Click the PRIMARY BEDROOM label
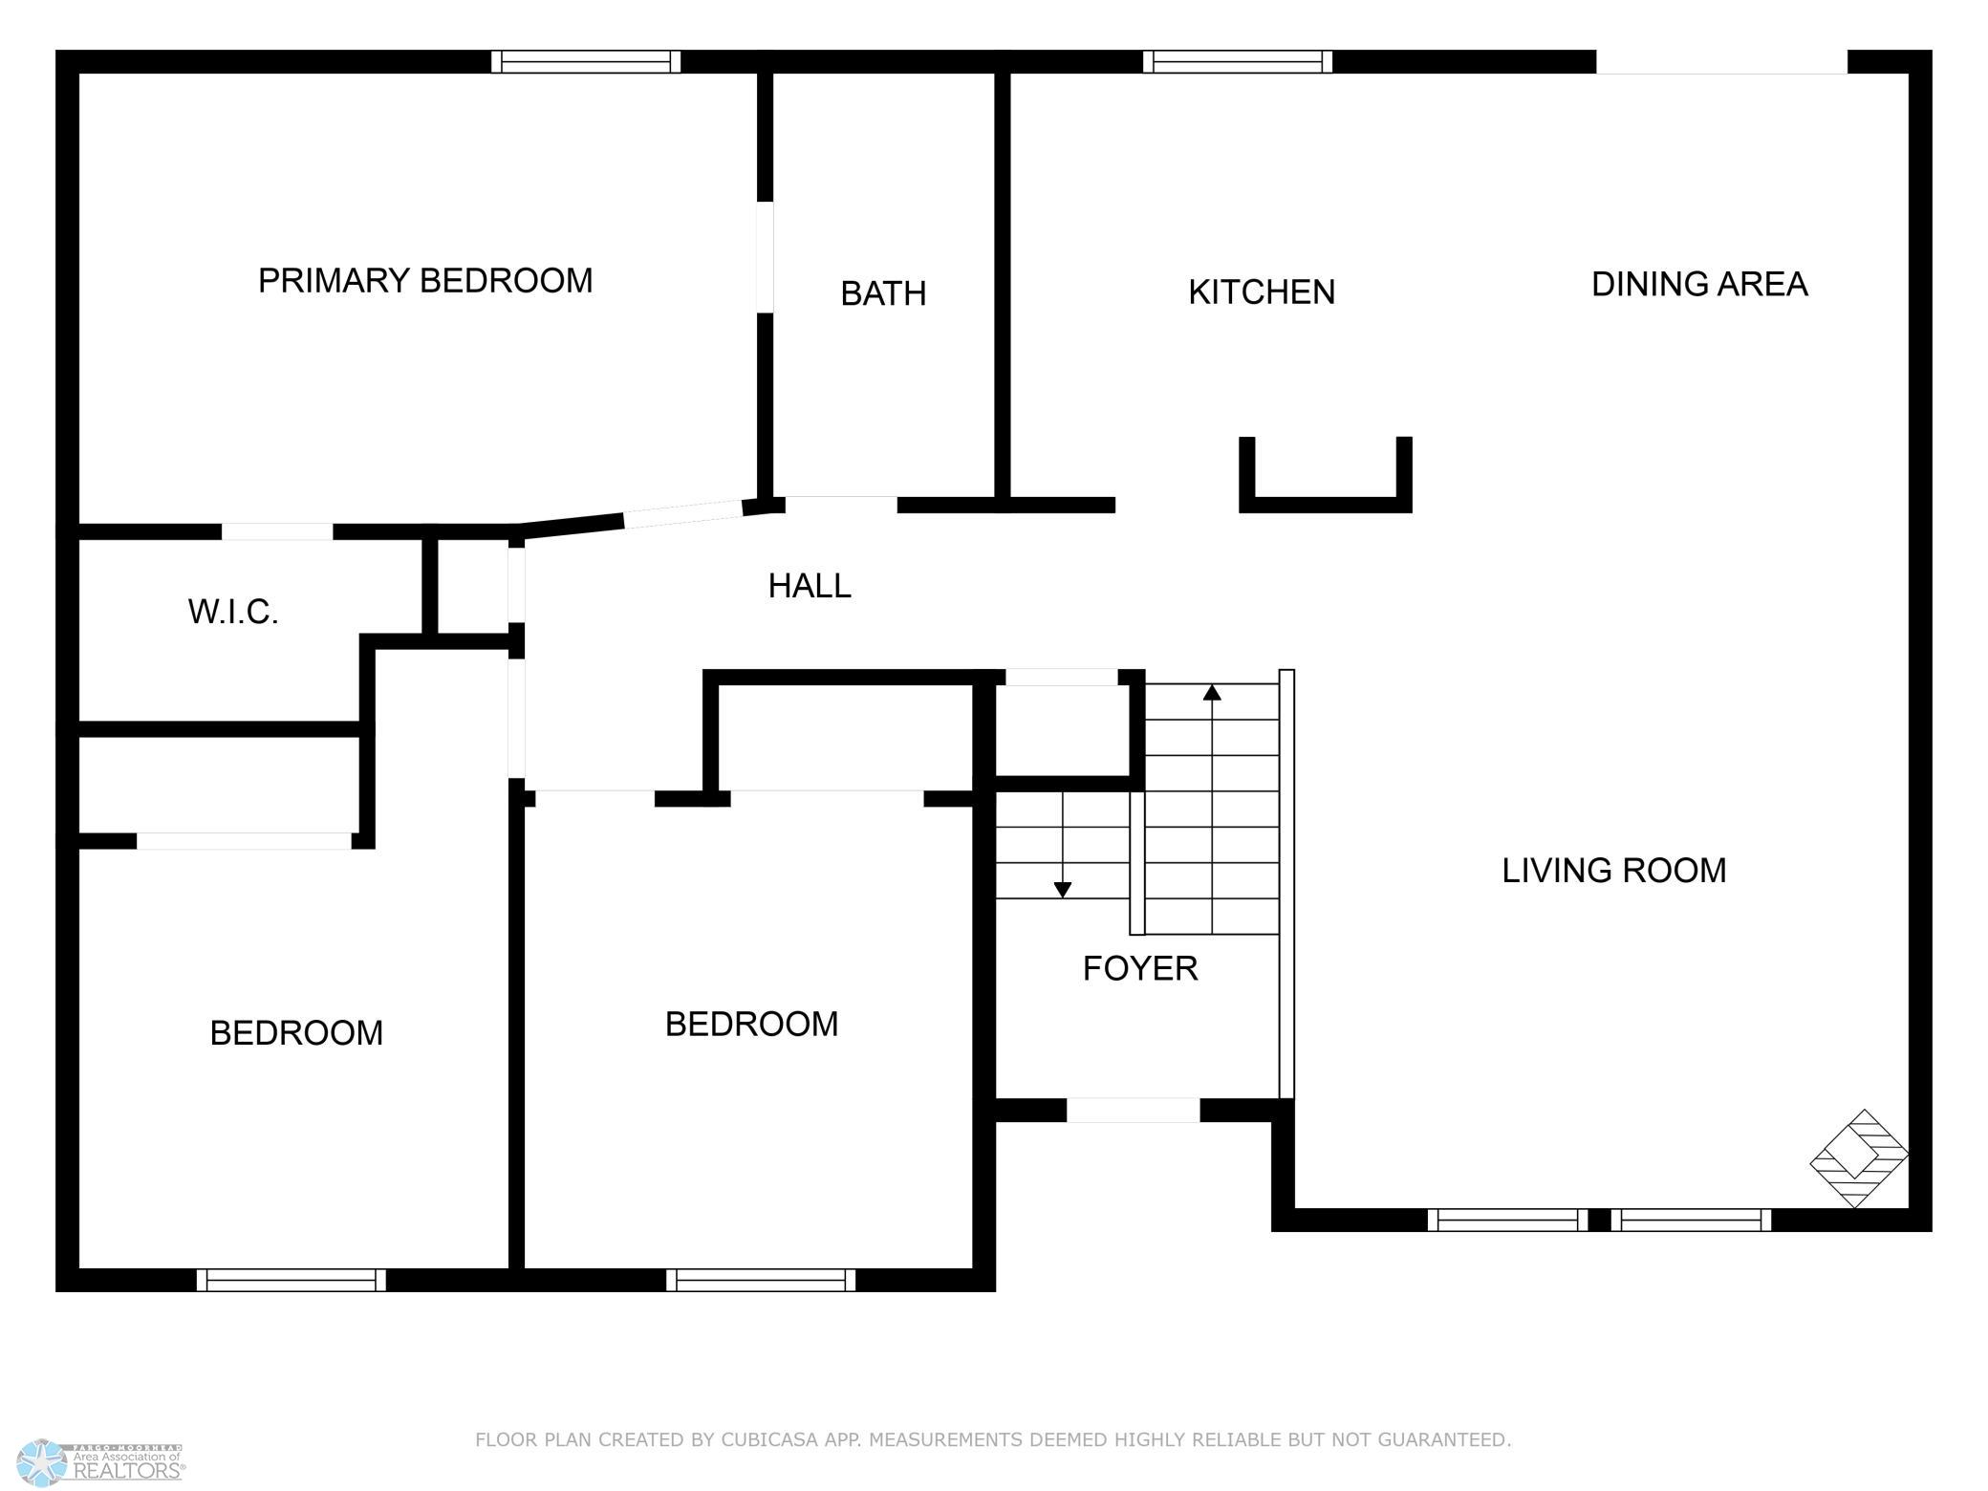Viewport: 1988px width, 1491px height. [425, 281]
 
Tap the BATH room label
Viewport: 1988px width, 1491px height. [883, 293]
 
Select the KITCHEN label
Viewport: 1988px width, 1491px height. [1262, 292]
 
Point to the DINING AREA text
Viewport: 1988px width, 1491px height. [1699, 284]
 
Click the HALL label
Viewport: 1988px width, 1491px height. [810, 586]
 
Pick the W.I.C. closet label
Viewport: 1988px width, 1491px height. [233, 612]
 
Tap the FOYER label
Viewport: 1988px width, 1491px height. [1140, 969]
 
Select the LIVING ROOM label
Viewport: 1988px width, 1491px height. [1614, 871]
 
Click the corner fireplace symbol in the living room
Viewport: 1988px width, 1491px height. [1859, 1157]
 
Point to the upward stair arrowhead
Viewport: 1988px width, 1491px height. [1212, 692]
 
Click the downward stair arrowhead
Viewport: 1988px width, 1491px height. [1063, 890]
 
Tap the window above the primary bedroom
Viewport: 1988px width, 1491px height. [586, 62]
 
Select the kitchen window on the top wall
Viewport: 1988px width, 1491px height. [1238, 62]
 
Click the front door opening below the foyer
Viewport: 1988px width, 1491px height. [1133, 1111]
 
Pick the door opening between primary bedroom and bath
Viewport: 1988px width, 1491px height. [765, 257]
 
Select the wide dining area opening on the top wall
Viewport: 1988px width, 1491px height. [1721, 62]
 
